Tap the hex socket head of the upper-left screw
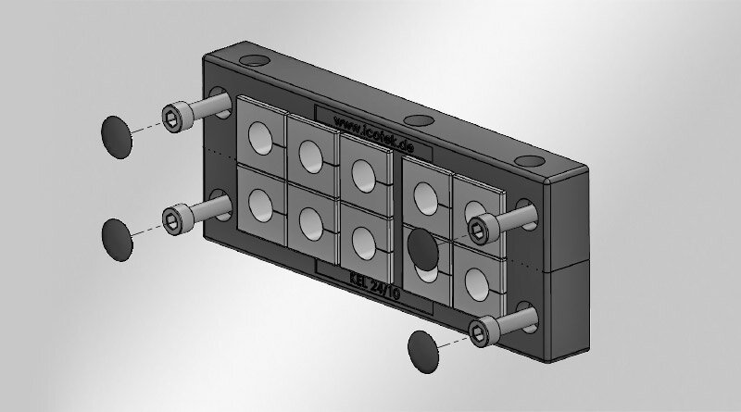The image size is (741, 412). coord(172,116)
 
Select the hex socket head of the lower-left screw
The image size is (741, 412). coord(172,218)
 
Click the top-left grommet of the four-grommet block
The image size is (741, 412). coord(425,194)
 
